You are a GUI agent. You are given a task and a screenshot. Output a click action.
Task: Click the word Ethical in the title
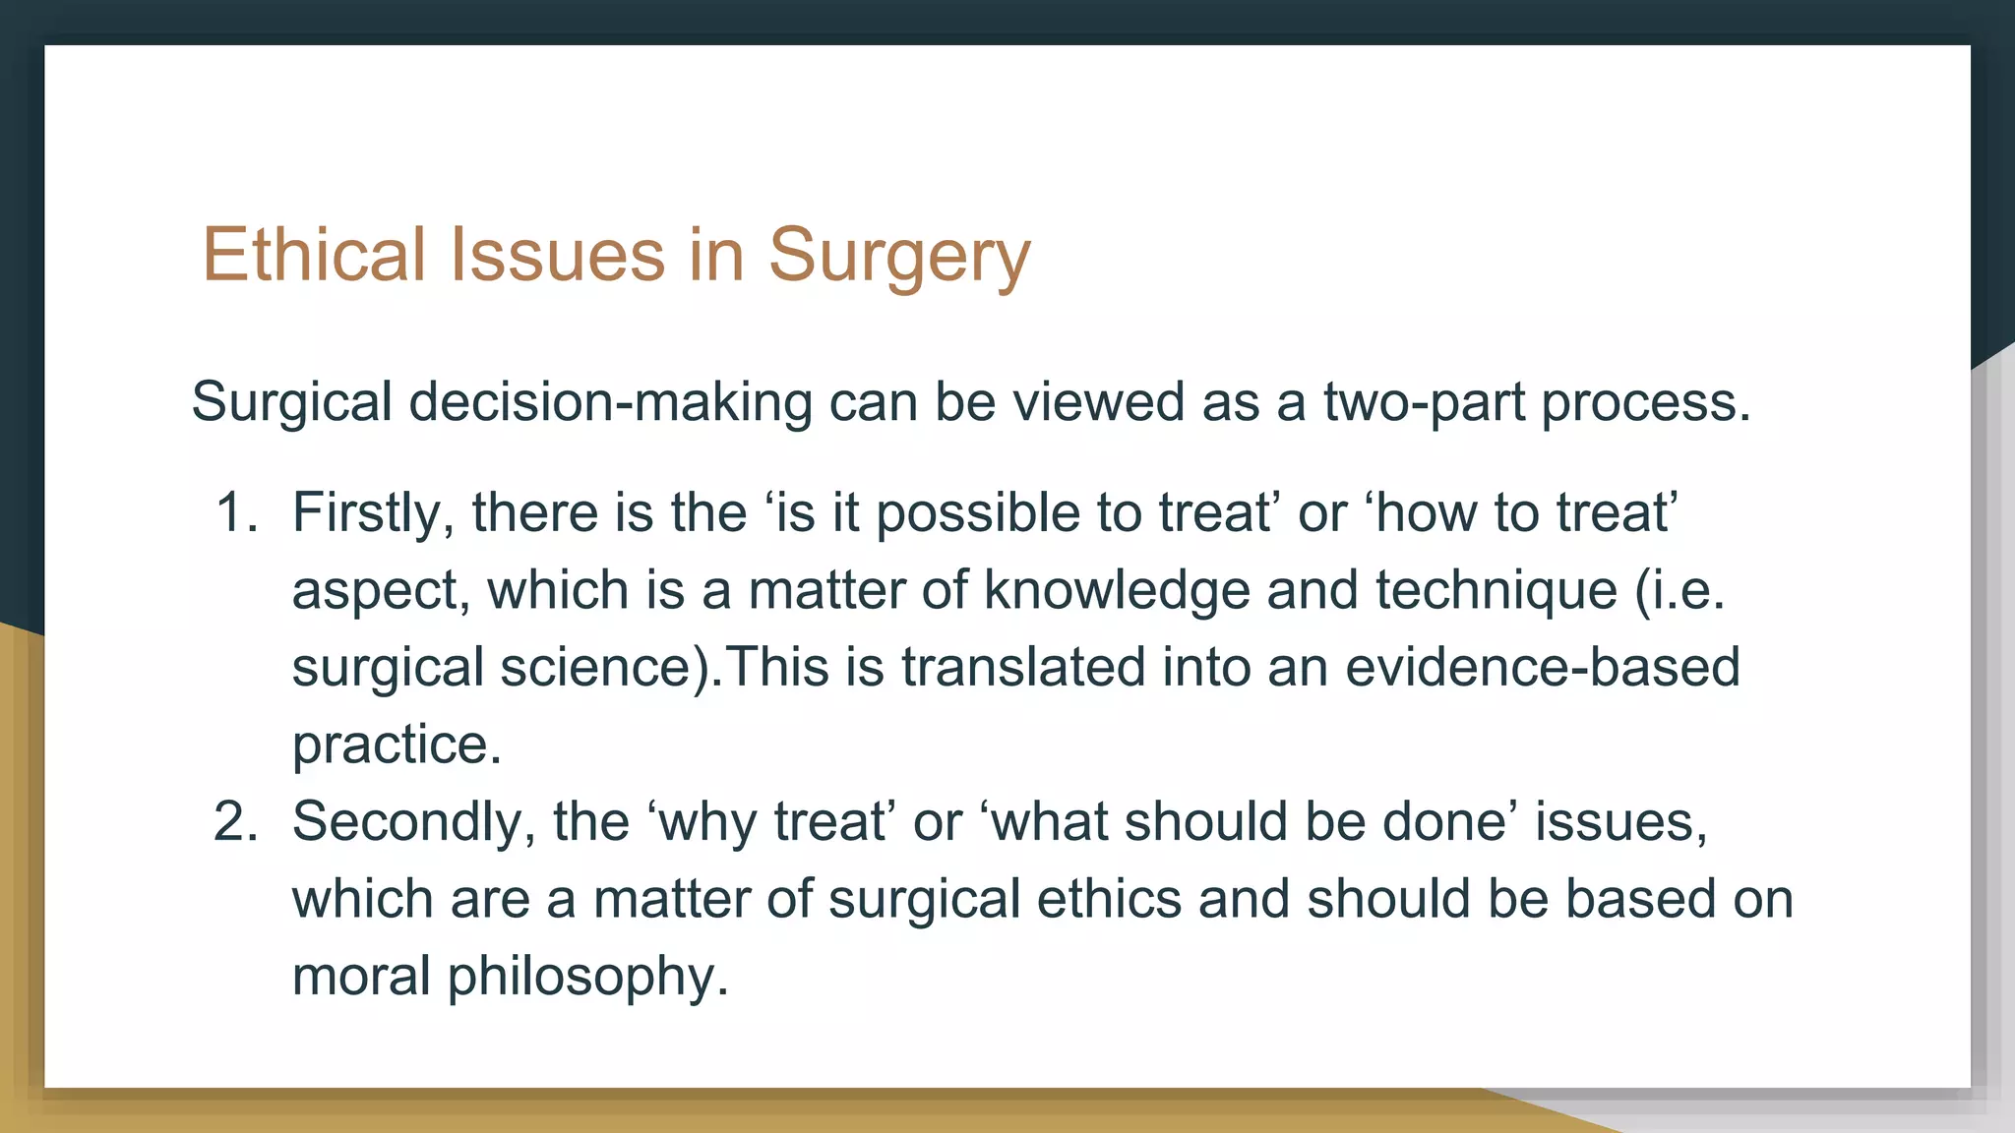tap(313, 255)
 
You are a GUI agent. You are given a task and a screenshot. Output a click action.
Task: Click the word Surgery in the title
tap(898, 255)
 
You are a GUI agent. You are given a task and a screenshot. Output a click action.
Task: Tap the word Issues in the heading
tap(558, 255)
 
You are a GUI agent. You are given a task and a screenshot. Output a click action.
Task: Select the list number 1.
tap(234, 513)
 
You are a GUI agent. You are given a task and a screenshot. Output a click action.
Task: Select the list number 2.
tap(234, 821)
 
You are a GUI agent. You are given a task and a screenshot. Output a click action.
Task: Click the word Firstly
tap(373, 513)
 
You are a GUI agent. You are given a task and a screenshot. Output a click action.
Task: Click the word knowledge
tap(1117, 590)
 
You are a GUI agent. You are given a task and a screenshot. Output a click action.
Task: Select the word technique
tap(1496, 590)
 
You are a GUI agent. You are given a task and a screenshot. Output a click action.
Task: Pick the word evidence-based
tap(1542, 667)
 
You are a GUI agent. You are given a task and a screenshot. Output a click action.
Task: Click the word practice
tap(397, 745)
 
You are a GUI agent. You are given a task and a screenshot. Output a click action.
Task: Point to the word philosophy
tap(587, 977)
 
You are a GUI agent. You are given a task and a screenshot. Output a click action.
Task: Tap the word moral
tap(361, 977)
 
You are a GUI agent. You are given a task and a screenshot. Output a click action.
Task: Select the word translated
tap(1022, 667)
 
